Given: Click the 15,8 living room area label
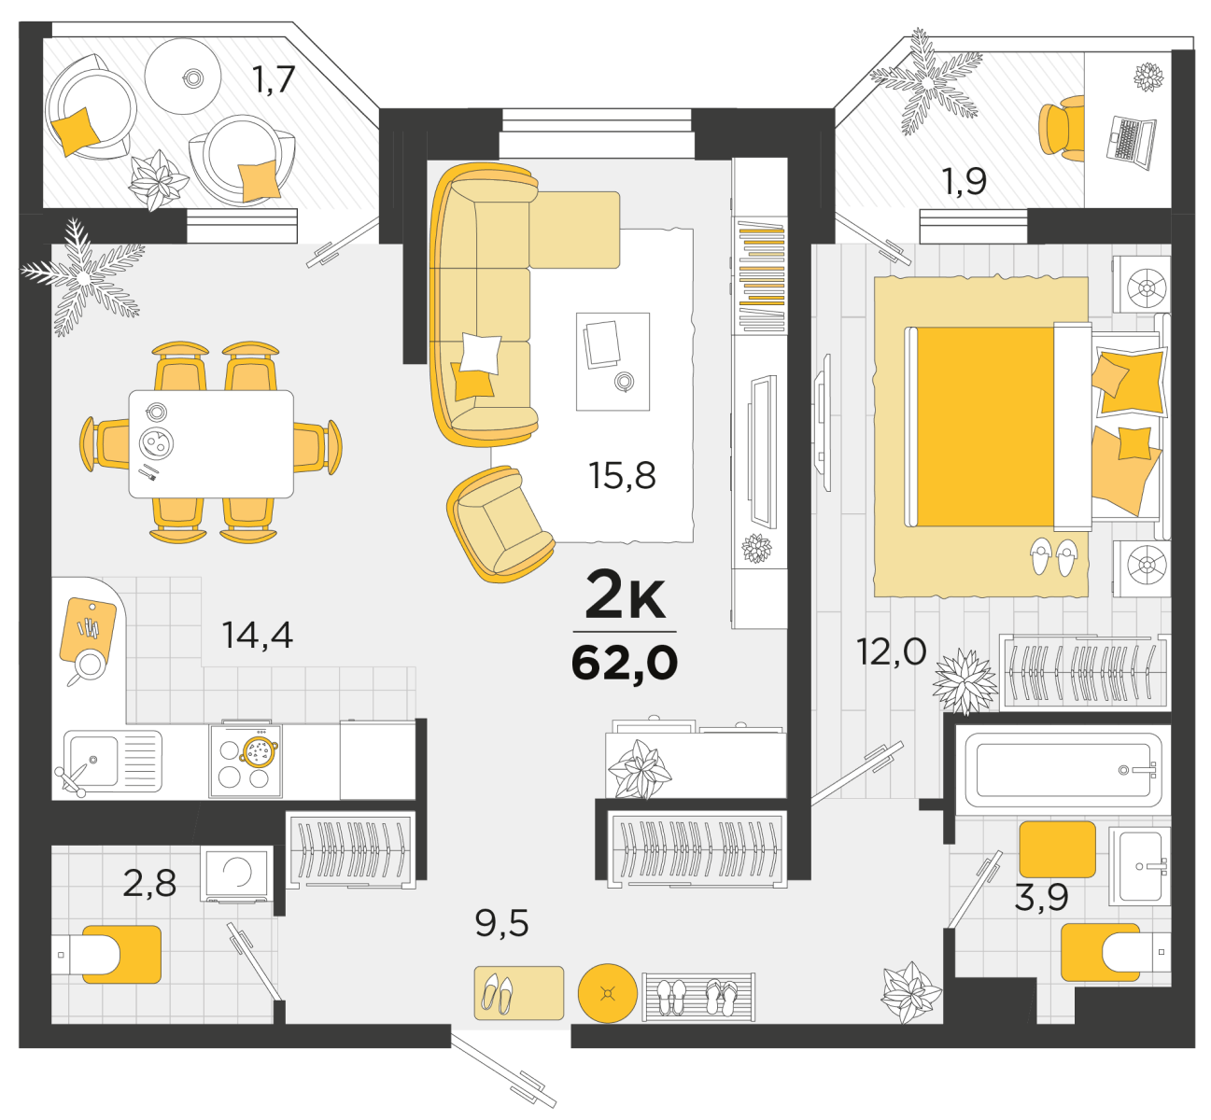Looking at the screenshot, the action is pos(621,476).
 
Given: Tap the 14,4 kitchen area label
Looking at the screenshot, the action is pos(257,635).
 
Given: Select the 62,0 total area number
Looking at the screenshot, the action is pos(625,663).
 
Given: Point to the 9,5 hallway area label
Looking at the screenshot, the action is pos(501,924).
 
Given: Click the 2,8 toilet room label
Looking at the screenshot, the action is pos(149,883).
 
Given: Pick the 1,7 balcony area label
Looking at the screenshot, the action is pos(274,80).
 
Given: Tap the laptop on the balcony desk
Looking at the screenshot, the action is pos(1131,143).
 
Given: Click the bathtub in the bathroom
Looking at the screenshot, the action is pos(1063,770).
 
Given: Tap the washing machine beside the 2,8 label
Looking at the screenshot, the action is pos(237,874).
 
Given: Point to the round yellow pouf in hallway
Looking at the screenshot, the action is pos(607,993).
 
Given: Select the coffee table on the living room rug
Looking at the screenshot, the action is pos(613,361).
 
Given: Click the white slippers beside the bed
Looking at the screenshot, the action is pos(1054,556).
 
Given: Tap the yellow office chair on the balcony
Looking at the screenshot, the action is pos(1062,129).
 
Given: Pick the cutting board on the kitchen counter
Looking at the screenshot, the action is pos(89,633).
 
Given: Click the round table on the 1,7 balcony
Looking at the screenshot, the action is pos(183,77).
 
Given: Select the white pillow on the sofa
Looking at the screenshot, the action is pos(480,354).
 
